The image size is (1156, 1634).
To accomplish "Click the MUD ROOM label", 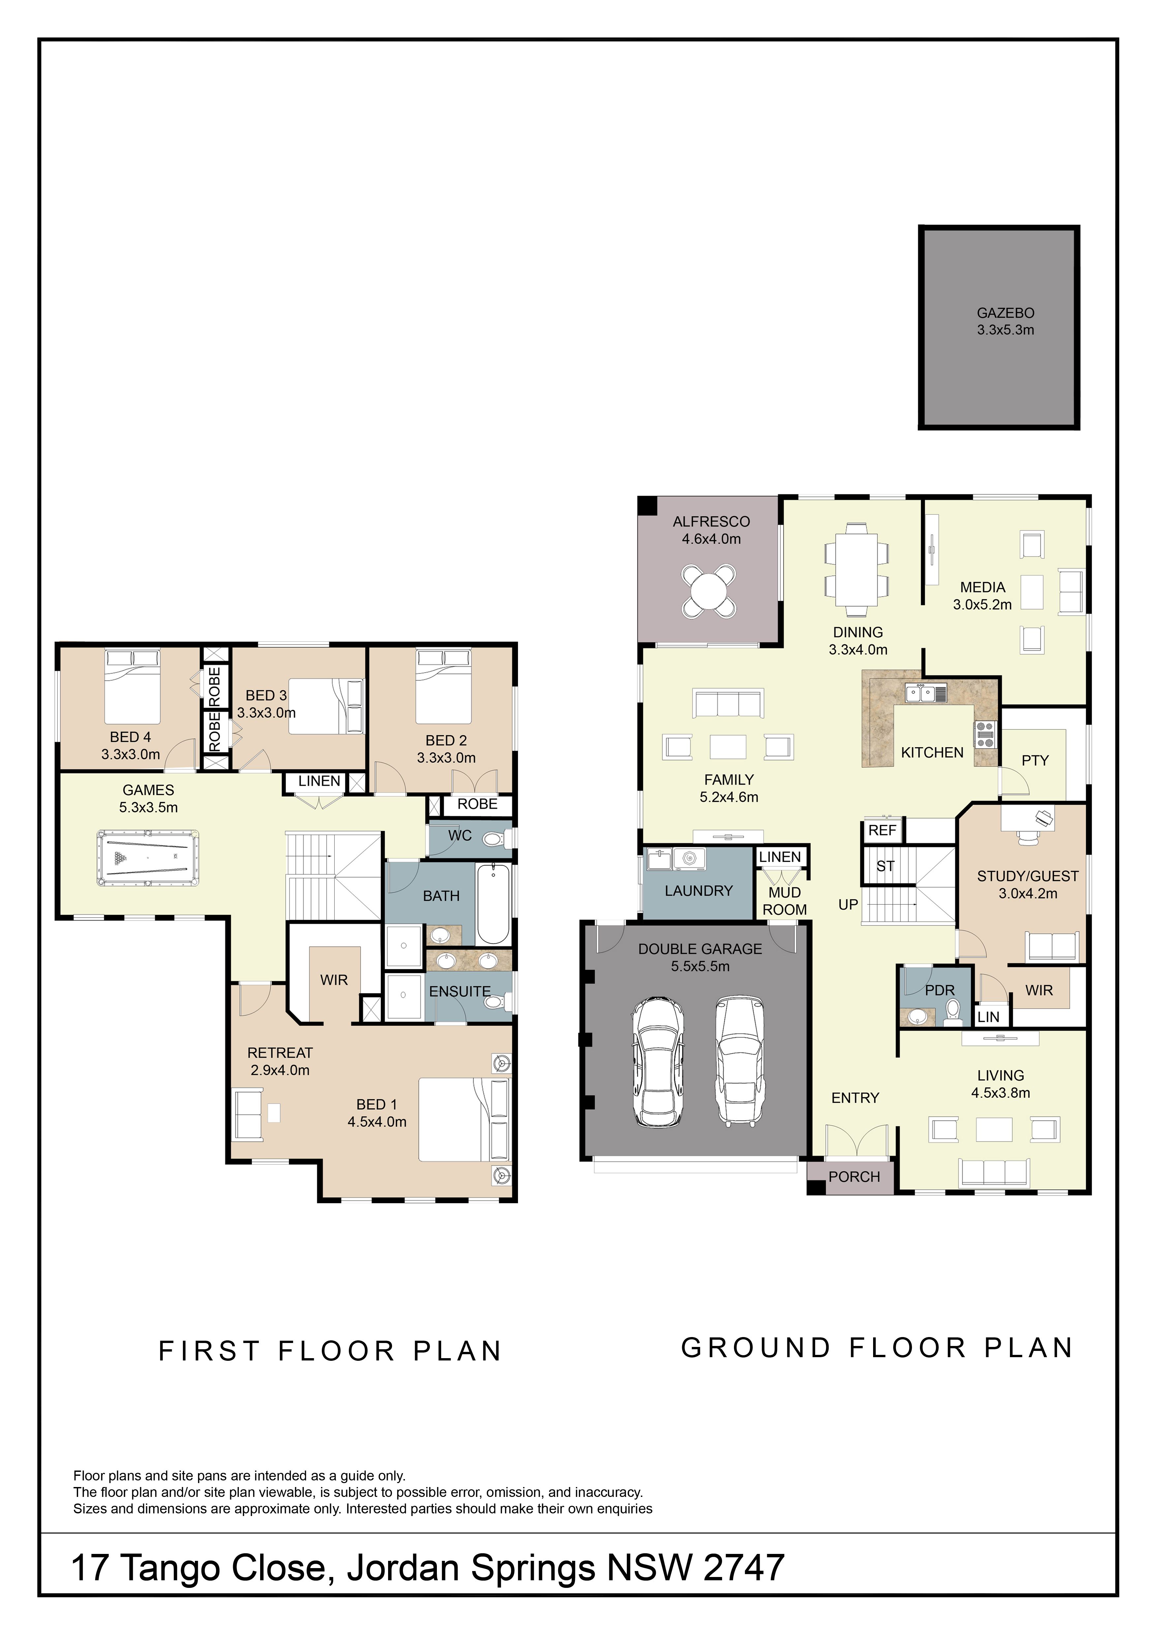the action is coord(784,901).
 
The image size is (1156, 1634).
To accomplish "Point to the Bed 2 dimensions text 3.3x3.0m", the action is coord(446,758).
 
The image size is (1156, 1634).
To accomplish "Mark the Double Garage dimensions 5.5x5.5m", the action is coord(700,966).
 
